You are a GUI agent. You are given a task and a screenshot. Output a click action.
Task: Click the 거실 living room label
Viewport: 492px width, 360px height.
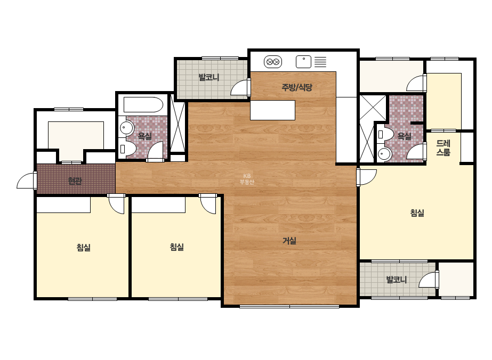[x=289, y=241]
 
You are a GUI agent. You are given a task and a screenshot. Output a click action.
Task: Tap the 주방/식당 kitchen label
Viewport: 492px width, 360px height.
[x=297, y=87]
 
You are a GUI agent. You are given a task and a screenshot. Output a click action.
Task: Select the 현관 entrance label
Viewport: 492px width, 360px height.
[x=75, y=181]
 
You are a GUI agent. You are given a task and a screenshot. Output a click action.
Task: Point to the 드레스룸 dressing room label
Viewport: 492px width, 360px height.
[x=443, y=148]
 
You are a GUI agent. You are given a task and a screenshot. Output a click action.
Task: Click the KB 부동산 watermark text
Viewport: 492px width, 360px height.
[x=247, y=179]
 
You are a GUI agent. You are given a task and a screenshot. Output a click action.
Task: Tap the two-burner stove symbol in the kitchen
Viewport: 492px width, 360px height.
[x=273, y=62]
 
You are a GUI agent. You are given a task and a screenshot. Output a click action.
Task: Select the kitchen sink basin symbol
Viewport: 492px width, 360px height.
[x=303, y=62]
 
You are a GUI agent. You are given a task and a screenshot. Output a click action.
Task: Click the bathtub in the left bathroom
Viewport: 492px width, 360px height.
[x=143, y=104]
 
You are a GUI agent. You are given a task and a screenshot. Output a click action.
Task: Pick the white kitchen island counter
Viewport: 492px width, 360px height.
[x=273, y=110]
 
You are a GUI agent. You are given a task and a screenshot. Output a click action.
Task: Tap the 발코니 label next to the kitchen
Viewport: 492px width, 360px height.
[x=209, y=77]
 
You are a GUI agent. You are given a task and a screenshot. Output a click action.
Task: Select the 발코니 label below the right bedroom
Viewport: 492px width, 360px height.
[x=396, y=280]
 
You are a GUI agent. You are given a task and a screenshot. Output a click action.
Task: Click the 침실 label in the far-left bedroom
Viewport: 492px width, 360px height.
[x=84, y=248]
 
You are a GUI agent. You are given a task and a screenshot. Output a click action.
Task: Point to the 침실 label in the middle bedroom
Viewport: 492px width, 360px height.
[x=176, y=247]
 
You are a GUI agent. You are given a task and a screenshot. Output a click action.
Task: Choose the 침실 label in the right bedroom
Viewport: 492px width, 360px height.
[x=417, y=213]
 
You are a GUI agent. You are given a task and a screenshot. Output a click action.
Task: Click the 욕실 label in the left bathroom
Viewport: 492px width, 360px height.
[x=144, y=136]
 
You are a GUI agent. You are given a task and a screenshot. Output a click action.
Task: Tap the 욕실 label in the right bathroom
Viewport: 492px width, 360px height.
[x=404, y=136]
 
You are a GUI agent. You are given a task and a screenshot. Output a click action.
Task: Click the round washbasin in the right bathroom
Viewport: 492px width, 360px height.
[x=384, y=154]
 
